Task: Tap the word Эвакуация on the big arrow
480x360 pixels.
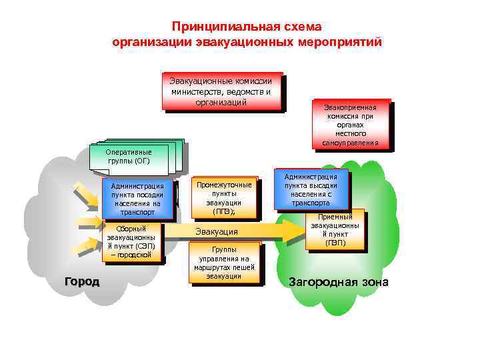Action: coord(216,231)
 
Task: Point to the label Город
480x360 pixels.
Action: coord(81,281)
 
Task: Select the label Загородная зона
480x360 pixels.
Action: coord(338,282)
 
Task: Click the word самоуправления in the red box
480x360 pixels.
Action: coord(350,143)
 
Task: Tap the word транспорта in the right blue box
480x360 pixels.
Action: coord(311,203)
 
